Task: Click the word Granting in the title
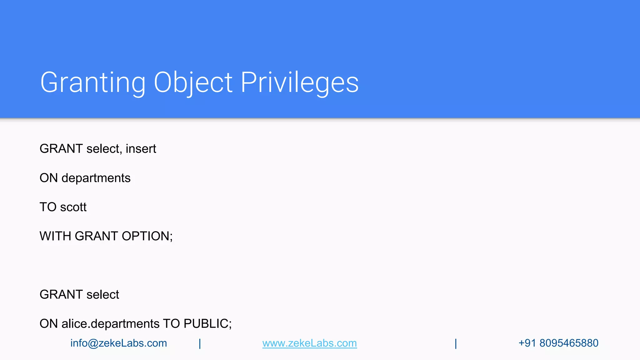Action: [93, 82]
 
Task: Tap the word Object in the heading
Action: [193, 82]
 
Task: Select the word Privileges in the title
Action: [300, 82]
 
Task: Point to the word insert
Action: [141, 149]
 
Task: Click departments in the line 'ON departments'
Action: [96, 178]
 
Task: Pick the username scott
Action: [73, 207]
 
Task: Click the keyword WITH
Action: [55, 236]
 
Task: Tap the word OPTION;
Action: [147, 236]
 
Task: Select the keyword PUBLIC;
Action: [207, 324]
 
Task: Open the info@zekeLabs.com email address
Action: [118, 343]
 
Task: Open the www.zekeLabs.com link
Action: [309, 343]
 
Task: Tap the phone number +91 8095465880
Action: [558, 343]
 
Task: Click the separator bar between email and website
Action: [200, 343]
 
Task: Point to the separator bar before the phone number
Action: [456, 343]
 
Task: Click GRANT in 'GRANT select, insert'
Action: [61, 149]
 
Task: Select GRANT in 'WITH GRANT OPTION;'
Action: [96, 236]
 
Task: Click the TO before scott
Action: [48, 207]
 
